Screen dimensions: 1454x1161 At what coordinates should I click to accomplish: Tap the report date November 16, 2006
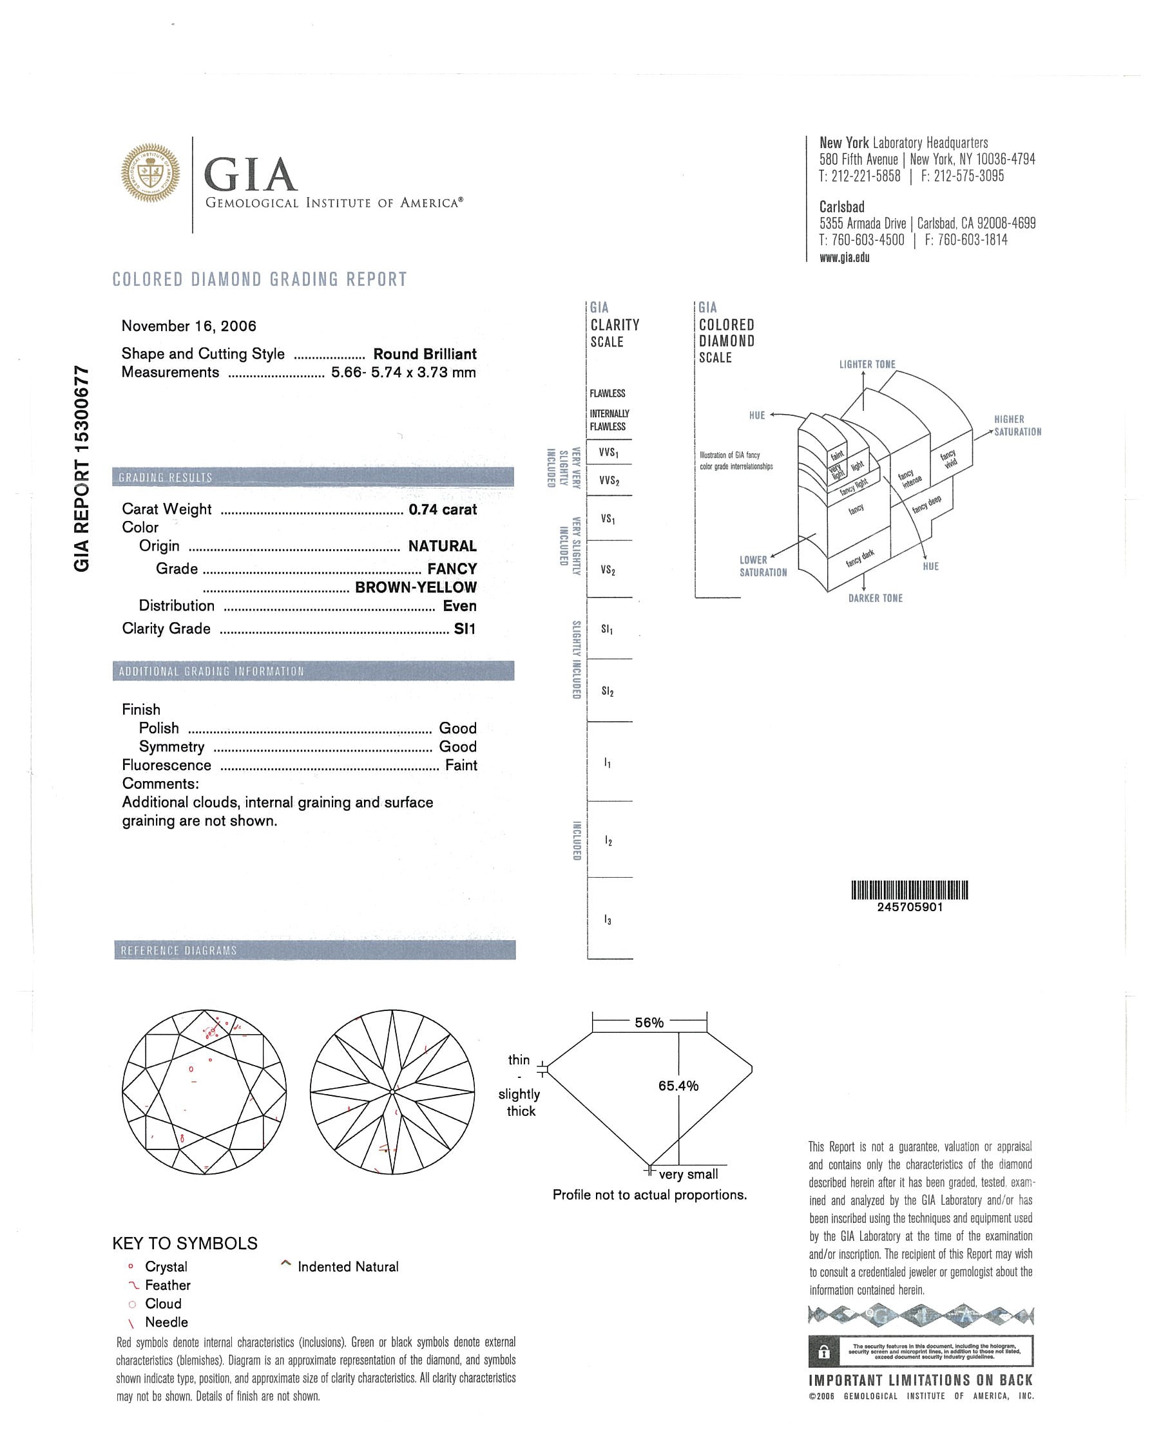189,326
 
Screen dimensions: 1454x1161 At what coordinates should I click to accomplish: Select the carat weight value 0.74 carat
443,510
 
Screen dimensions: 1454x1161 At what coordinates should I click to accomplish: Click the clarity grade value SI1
465,629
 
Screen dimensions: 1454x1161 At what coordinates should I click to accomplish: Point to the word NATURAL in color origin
443,546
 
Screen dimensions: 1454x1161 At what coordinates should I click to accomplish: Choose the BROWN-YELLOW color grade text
416,587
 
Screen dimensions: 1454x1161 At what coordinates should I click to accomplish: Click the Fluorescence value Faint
461,766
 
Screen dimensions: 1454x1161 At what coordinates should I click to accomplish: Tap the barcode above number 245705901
909,890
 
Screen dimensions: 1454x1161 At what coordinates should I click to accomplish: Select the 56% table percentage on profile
649,1023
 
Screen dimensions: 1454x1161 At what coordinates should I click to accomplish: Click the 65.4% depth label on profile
678,1086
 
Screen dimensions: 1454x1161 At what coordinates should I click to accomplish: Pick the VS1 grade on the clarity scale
608,519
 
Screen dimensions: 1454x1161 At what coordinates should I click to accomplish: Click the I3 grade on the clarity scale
608,920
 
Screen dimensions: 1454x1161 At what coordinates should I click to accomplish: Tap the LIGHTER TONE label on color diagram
867,364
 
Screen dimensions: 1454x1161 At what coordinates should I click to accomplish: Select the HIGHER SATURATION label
1017,426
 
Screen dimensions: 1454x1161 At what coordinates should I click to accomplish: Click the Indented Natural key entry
347,1267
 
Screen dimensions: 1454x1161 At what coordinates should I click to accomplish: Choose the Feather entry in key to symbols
168,1285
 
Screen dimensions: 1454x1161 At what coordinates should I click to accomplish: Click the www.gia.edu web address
845,257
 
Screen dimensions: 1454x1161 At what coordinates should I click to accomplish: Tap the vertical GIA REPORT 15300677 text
82,468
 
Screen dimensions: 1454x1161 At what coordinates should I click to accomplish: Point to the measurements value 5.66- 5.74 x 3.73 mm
403,372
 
